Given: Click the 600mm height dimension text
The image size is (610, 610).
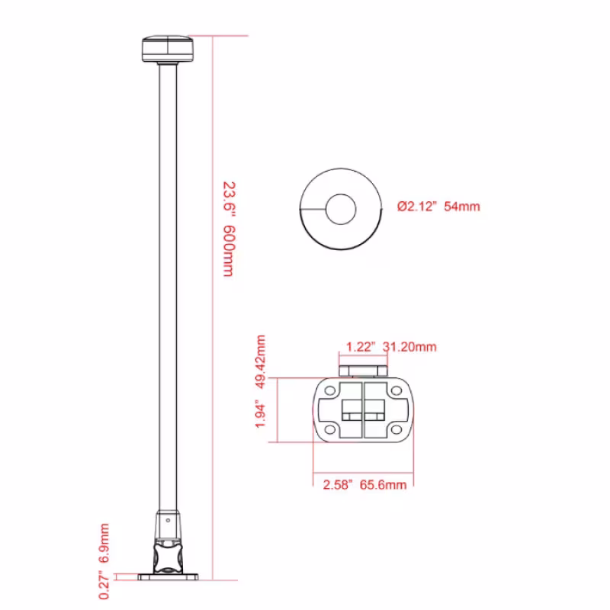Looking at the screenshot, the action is point(228,251).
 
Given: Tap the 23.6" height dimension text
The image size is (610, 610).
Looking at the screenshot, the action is point(229,197).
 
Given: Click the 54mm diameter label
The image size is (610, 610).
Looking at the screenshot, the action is point(462,206).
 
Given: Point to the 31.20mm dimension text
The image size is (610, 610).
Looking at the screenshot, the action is point(409,347).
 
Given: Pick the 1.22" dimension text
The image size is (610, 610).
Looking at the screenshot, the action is point(360,347).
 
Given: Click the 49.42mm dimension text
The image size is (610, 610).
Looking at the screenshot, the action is point(260,361).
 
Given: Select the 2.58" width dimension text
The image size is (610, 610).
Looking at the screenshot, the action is point(337,485).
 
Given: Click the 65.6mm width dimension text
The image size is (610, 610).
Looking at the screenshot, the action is point(383,485).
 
